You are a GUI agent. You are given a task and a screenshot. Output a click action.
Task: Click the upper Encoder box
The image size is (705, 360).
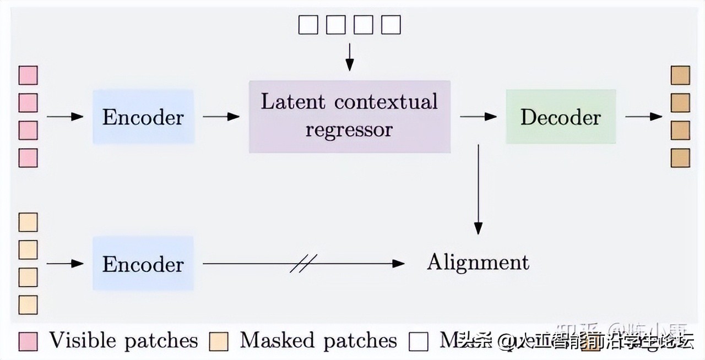tap(143, 117)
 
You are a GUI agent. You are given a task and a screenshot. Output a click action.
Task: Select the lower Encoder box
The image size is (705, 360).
tap(143, 264)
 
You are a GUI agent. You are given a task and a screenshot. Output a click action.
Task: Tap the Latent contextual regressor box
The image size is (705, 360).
tap(349, 116)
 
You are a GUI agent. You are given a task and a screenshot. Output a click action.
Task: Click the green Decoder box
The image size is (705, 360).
tap(560, 117)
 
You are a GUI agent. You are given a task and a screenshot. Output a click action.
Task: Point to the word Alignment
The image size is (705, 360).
tap(478, 262)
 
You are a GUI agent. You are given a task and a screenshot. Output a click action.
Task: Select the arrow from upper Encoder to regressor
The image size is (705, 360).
tap(221, 117)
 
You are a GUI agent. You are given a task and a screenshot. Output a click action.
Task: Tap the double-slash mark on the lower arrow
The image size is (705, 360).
tap(300, 264)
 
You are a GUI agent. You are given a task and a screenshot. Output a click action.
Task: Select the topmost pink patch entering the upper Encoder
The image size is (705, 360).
tap(28, 75)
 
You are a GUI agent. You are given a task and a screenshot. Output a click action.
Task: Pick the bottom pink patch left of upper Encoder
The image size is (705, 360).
tap(28, 158)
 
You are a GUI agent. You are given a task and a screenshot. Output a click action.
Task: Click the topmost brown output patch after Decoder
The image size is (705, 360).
tap(680, 75)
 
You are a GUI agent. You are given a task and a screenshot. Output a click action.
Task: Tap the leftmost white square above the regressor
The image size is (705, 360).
tap(308, 25)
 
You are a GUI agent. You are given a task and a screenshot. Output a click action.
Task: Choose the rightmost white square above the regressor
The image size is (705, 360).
tap(391, 25)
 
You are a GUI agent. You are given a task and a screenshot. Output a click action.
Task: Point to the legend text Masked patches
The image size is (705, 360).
tap(318, 341)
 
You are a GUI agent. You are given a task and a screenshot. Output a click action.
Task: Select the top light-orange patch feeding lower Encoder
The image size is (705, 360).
tap(28, 222)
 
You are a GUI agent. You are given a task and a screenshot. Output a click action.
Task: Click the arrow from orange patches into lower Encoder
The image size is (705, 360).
tap(64, 264)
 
